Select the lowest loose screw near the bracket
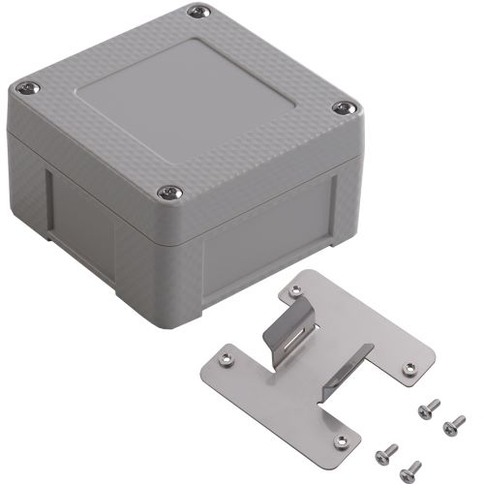(414, 466)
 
